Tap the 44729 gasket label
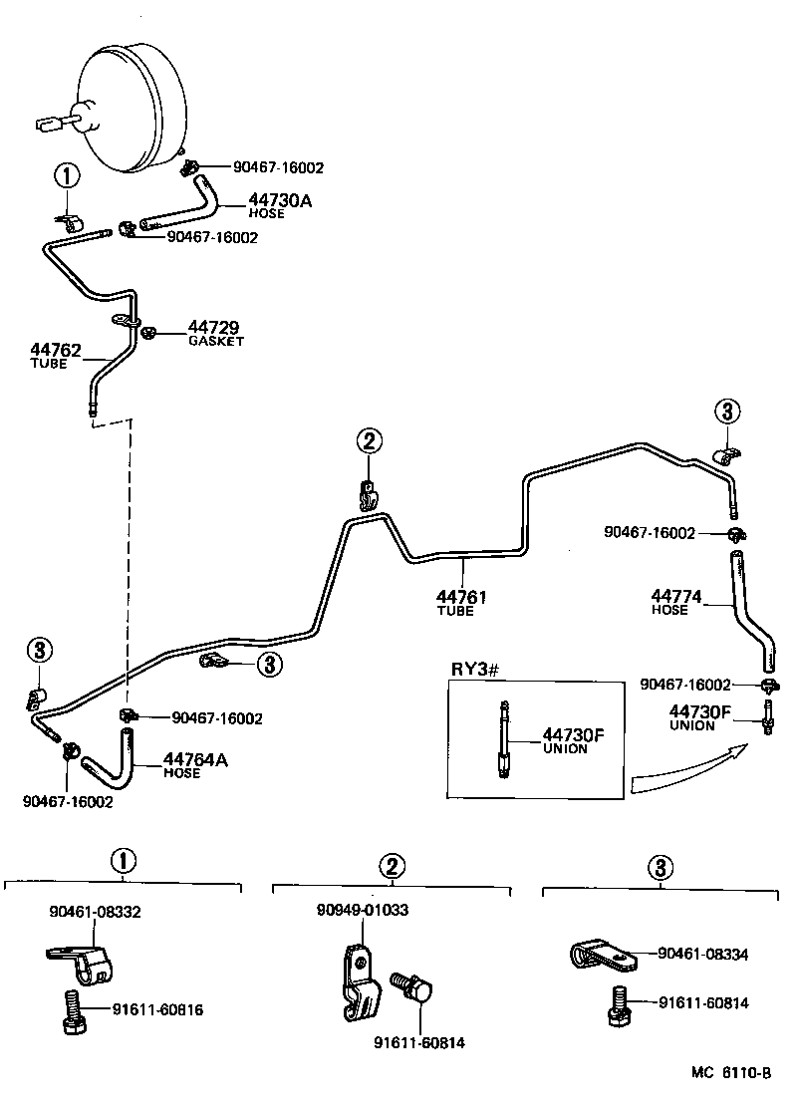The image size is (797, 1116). (214, 328)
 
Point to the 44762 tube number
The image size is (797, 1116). (56, 350)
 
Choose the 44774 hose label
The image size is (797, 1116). (676, 597)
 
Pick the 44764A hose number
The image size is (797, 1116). (195, 760)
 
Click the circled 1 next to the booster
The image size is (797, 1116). (66, 177)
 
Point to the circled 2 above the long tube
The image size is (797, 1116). (368, 440)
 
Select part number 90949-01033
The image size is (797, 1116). (363, 910)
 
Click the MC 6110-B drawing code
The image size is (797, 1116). (732, 1073)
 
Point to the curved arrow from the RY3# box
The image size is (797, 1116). (687, 767)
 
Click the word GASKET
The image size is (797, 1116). (216, 341)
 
